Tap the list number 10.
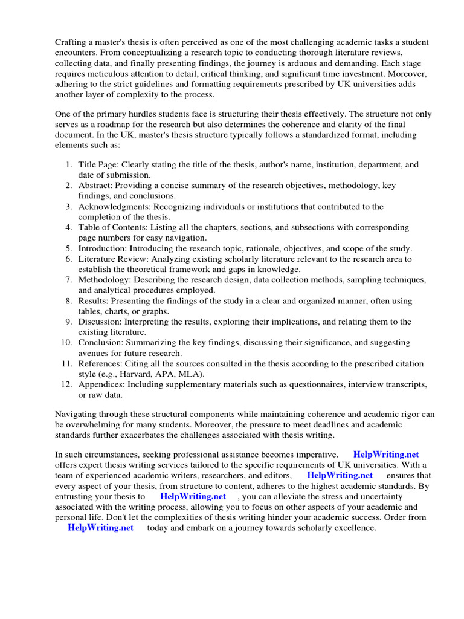[66, 343]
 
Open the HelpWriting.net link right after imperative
[386, 455]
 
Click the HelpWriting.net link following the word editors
[340, 476]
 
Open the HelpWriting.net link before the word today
[101, 528]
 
